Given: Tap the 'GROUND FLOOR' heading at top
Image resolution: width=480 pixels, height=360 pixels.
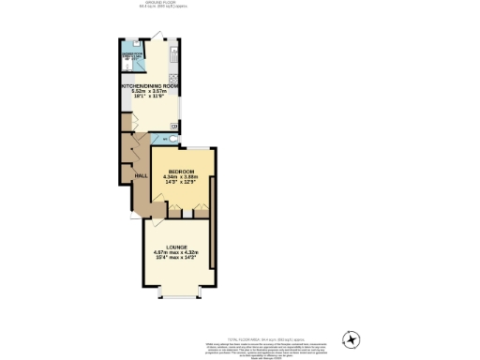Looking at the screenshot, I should pos(158,3).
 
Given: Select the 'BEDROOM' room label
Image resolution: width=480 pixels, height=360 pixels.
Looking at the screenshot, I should pos(181,171).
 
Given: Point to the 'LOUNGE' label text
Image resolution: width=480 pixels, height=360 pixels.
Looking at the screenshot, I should pos(176,247).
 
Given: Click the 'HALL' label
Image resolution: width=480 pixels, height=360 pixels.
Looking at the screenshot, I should pos(142,176).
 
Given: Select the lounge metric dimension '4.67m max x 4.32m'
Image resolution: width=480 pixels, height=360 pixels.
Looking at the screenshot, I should pos(176,253).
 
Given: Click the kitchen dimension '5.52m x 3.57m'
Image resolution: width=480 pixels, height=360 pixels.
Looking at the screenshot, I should pos(150,91).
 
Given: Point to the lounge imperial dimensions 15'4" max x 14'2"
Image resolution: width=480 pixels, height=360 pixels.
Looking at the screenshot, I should pos(176,260).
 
